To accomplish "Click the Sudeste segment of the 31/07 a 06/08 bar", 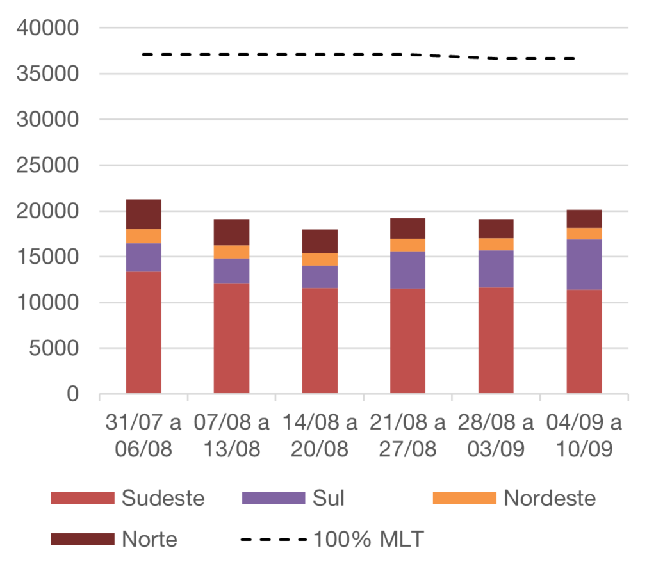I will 143,332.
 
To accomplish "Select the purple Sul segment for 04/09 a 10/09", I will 584,264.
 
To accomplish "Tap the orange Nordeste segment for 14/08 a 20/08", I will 320,259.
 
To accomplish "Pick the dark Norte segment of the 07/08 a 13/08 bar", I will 232,232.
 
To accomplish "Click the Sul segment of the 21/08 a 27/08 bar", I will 408,269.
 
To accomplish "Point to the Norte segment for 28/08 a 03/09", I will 496,229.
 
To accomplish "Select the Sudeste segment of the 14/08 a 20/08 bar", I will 320,340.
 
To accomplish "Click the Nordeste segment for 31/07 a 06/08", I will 143,236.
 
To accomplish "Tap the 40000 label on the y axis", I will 49,28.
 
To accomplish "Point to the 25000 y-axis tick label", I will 49,166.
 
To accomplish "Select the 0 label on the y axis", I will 72,394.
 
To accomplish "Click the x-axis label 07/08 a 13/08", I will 232,436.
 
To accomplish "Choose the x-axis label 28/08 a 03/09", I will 496,436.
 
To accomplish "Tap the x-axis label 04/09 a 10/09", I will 584,436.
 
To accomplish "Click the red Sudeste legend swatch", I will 82,498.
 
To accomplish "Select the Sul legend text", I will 329,498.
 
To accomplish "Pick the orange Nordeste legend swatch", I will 464,498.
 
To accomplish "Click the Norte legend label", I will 149,539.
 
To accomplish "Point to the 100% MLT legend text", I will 368,539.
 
